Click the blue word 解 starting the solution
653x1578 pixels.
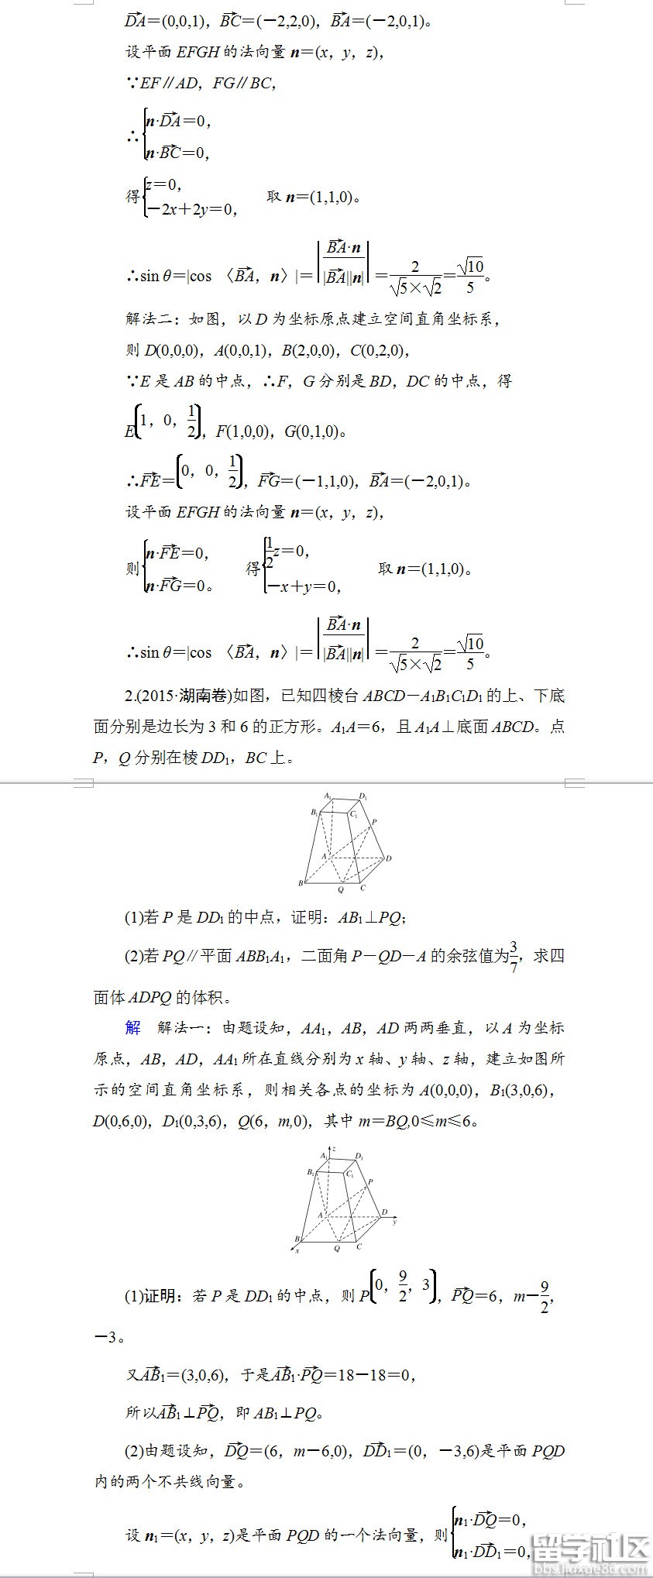click(133, 1028)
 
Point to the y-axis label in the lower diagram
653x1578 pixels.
click(394, 1222)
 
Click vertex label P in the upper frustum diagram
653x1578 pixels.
click(374, 822)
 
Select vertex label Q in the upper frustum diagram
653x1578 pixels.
click(340, 890)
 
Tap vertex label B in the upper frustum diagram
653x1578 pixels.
click(301, 883)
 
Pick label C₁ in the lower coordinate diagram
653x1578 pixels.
click(351, 1174)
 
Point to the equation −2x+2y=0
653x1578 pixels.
click(191, 209)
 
